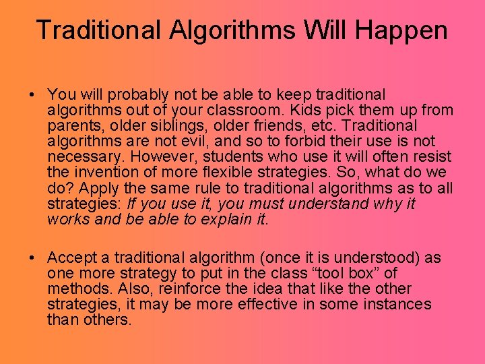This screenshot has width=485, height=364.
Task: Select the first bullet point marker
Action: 33,95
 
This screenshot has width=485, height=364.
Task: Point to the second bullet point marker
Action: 33,258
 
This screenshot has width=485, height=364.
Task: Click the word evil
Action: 209,142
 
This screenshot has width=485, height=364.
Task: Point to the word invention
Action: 105,173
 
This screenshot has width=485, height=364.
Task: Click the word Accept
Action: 77,258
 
